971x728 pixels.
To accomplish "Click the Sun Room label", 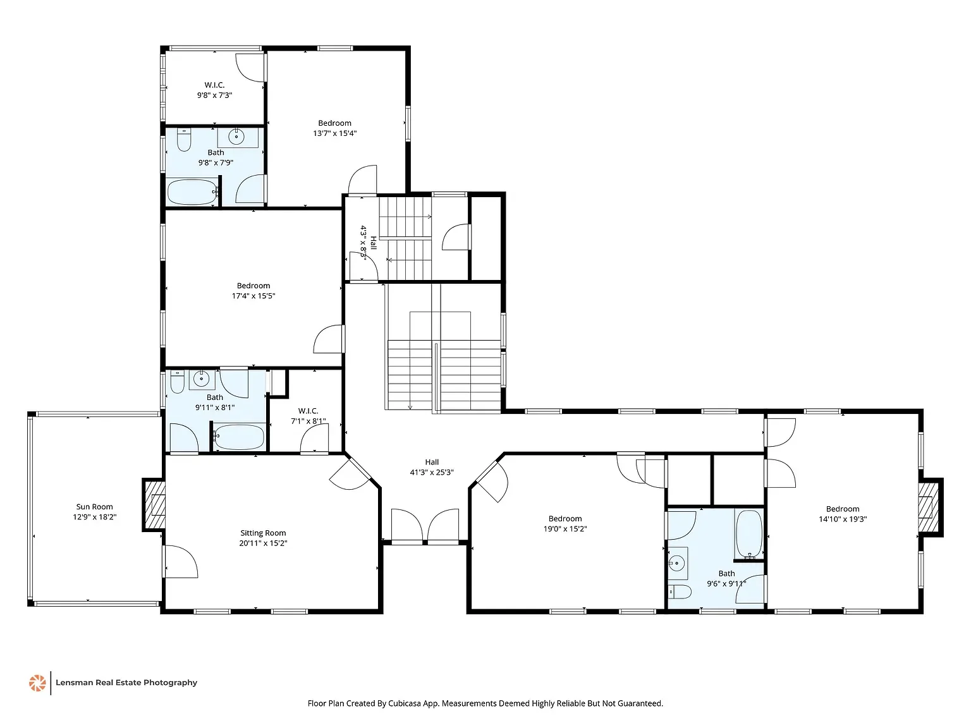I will [x=95, y=507].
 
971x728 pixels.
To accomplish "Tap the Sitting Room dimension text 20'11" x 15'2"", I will [x=263, y=543].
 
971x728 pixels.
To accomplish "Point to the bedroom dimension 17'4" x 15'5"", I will [x=253, y=296].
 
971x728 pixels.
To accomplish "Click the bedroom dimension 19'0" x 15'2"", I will [x=565, y=529].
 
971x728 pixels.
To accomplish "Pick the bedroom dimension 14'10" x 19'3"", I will [x=843, y=519].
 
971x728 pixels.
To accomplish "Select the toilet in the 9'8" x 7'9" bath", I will [x=184, y=140].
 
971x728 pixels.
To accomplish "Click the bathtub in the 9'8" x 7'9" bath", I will [x=192, y=192].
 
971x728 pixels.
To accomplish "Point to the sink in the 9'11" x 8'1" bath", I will [x=201, y=379].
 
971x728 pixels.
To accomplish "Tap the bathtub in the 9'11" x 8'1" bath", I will [x=239, y=437].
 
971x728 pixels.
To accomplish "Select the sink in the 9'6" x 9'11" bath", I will [x=678, y=562].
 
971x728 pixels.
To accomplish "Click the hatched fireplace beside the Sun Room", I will [x=154, y=506].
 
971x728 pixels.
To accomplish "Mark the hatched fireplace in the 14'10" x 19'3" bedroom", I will [x=929, y=508].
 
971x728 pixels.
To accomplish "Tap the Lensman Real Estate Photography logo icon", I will [x=37, y=682].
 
